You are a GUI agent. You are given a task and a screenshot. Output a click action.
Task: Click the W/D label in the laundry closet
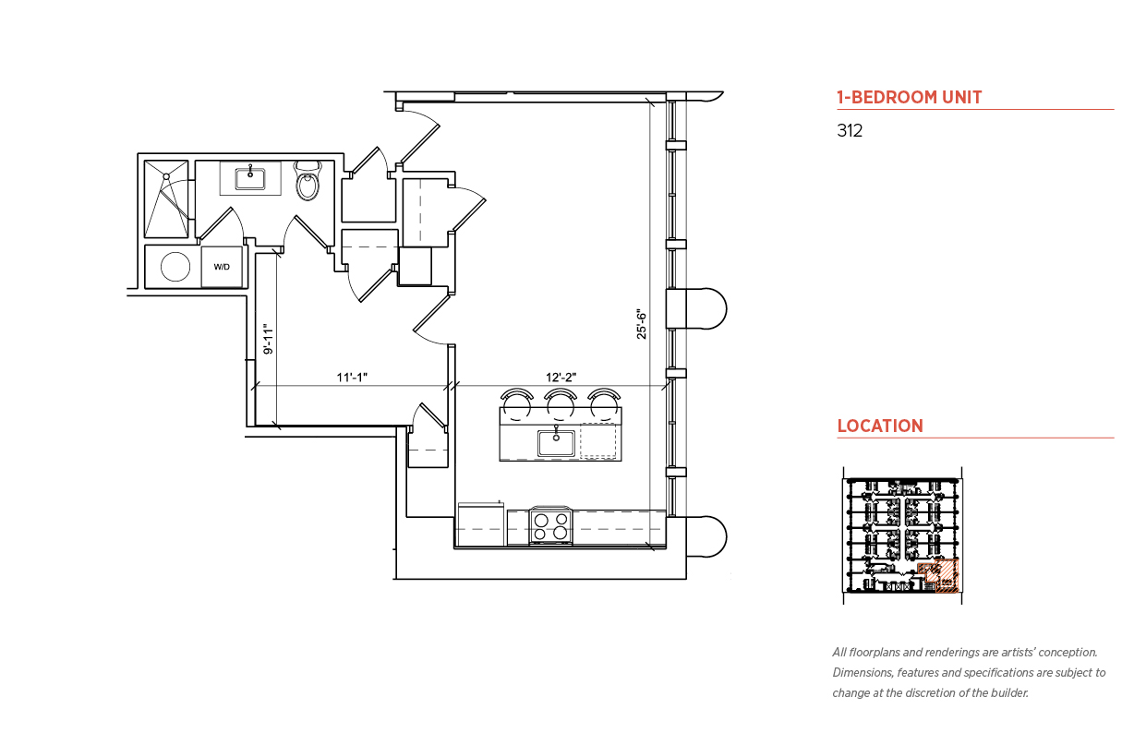pyautogui.click(x=222, y=267)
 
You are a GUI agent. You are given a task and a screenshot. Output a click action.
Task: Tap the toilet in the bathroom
pyautogui.click(x=308, y=180)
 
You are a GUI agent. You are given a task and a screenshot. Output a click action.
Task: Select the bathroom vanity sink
pyautogui.click(x=250, y=179)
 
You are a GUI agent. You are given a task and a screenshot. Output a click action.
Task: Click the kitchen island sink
pyautogui.click(x=556, y=442)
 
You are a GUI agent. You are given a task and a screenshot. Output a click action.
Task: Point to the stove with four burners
pyautogui.click(x=550, y=525)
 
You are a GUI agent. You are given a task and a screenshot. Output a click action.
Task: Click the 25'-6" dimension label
pyautogui.click(x=642, y=324)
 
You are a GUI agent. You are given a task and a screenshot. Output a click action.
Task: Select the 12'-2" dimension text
pyautogui.click(x=561, y=378)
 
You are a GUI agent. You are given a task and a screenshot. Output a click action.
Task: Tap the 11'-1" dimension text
pyautogui.click(x=352, y=378)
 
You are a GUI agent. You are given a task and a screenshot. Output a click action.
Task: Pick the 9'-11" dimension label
pyautogui.click(x=269, y=339)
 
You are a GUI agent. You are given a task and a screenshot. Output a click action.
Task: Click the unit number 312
pyautogui.click(x=850, y=130)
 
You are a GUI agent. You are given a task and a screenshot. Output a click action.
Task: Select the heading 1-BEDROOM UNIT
pyautogui.click(x=910, y=97)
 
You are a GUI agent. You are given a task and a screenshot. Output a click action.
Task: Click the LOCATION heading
pyautogui.click(x=880, y=426)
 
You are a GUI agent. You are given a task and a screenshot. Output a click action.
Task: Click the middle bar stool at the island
pyautogui.click(x=560, y=404)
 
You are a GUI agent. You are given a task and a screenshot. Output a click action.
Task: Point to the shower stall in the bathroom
pyautogui.click(x=166, y=198)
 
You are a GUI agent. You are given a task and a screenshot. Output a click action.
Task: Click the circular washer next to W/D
pyautogui.click(x=175, y=266)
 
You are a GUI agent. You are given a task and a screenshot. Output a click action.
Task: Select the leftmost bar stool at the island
pyautogui.click(x=516, y=404)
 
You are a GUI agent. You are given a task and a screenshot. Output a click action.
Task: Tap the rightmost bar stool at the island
pyautogui.click(x=605, y=404)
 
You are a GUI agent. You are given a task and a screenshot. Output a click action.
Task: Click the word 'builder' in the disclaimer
pyautogui.click(x=1009, y=693)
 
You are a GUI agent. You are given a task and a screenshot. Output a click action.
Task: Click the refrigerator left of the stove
pyautogui.click(x=481, y=524)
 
